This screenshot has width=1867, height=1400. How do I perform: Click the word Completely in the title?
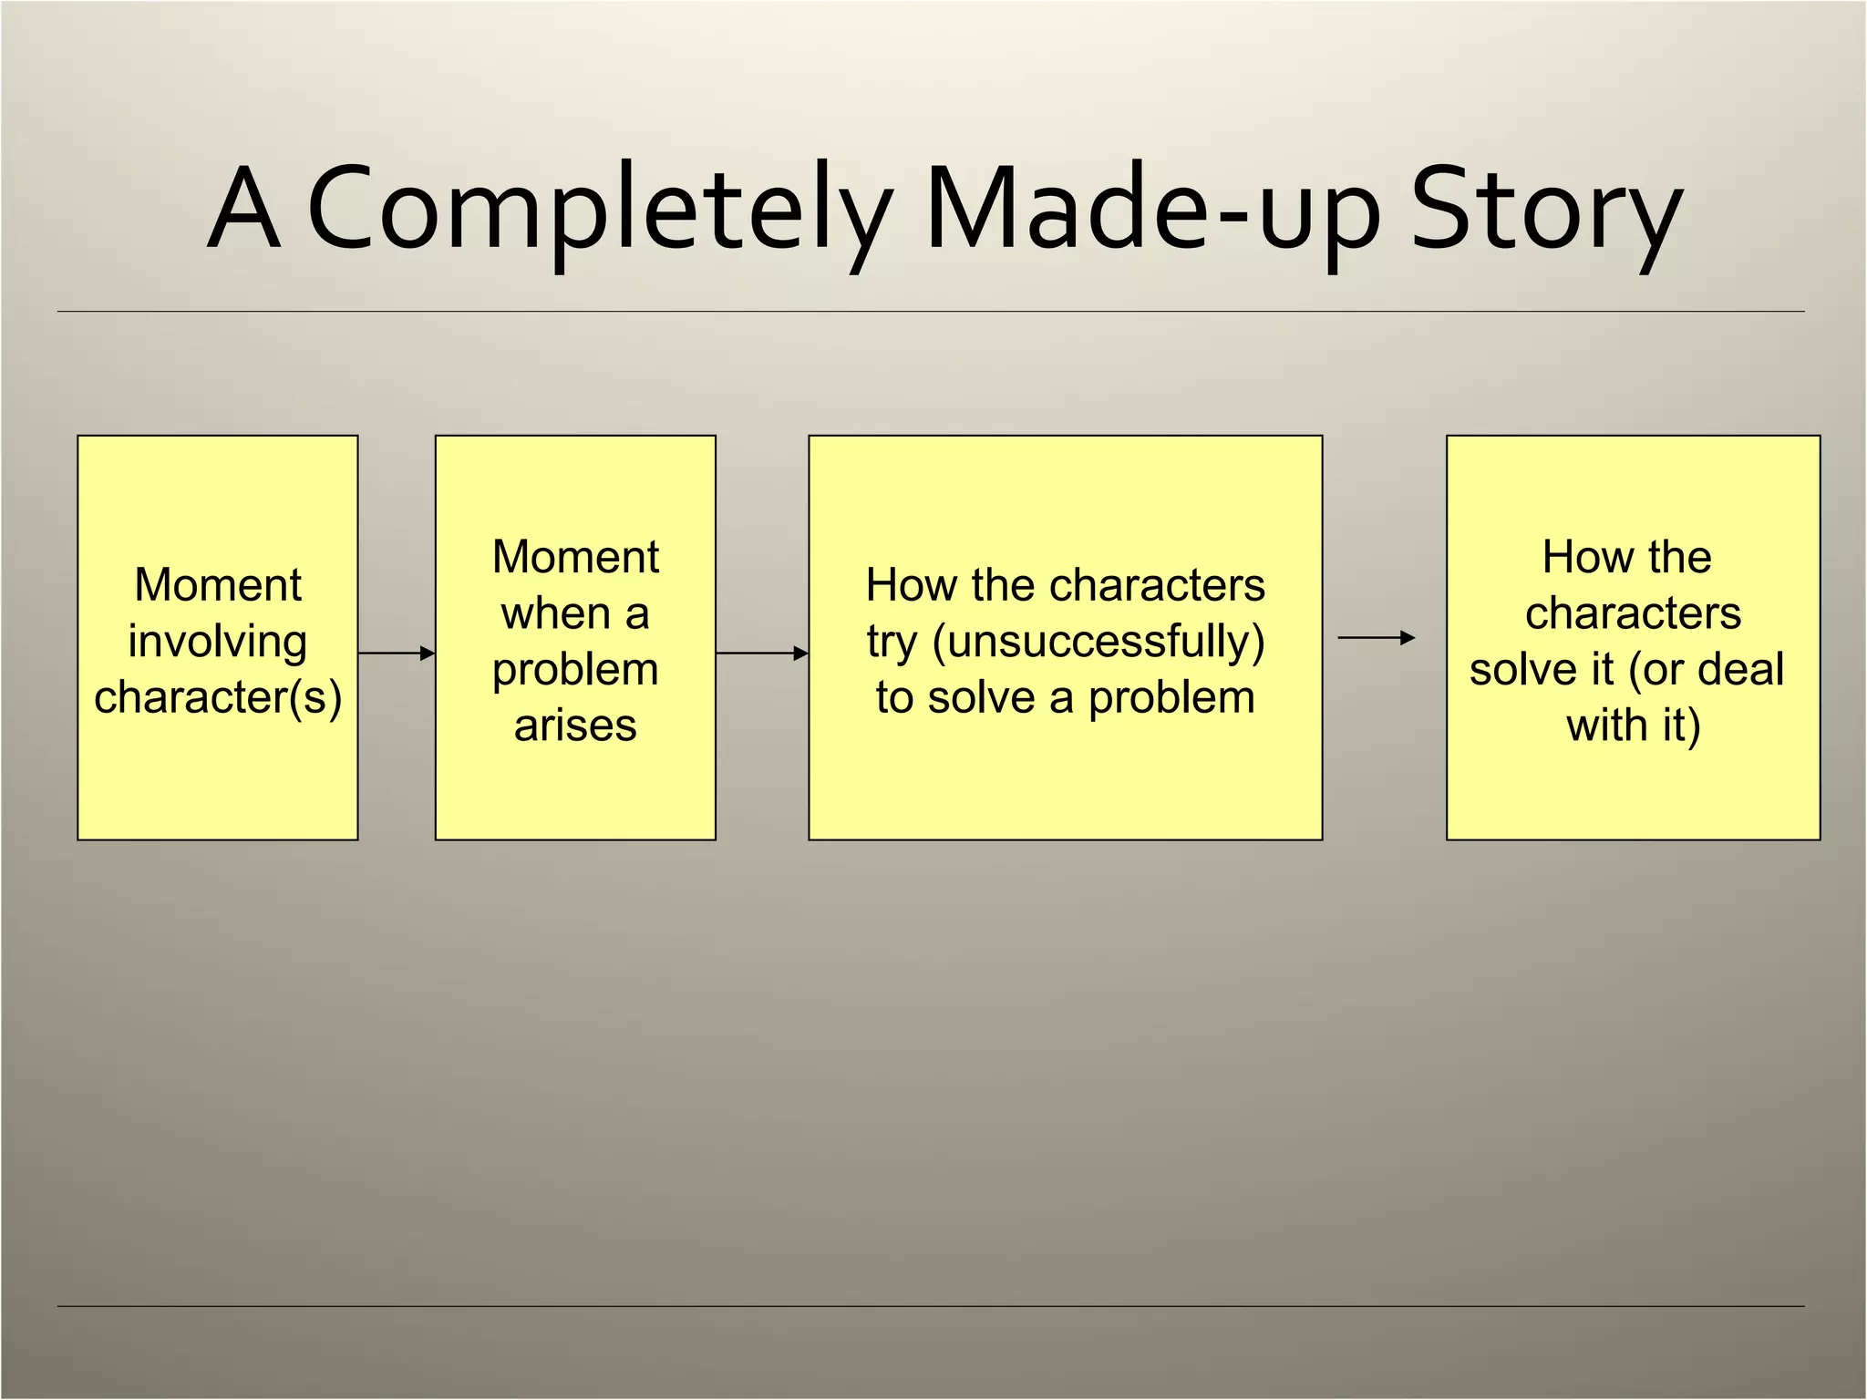597,210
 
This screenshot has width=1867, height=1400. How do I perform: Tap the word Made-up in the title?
1152,210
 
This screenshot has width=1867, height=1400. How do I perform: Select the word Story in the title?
1545,210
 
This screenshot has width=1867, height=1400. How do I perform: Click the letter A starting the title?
242,210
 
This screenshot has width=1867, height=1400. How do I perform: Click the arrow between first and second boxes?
397,653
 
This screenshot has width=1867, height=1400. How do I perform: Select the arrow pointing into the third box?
762,653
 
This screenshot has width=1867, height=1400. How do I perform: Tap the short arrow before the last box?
1376,638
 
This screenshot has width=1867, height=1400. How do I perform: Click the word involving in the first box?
217,641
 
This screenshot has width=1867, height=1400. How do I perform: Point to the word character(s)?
218,697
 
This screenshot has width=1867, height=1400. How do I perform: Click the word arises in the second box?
575,726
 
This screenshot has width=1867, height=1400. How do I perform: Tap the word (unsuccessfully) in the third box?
1099,641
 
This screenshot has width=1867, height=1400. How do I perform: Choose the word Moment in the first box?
217,584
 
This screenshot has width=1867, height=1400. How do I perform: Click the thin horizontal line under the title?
930,312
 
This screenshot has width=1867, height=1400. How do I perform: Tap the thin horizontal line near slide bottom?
930,1306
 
